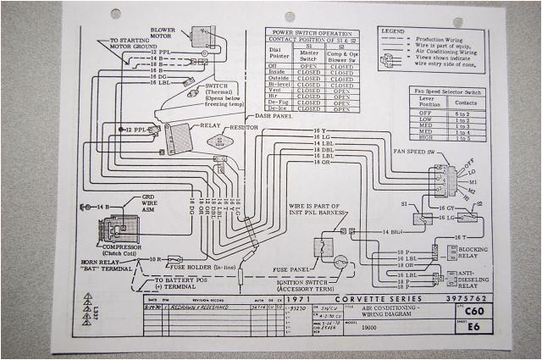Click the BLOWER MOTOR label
point(162,33)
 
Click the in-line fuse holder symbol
point(175,259)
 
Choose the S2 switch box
point(467,216)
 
